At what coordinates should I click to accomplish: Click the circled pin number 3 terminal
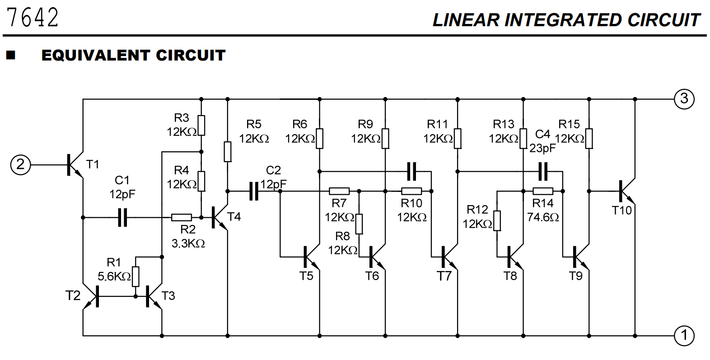click(x=684, y=98)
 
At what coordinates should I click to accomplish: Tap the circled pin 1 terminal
click(x=684, y=336)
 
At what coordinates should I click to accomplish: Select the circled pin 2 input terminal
click(x=20, y=164)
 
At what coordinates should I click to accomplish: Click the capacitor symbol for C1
click(x=122, y=217)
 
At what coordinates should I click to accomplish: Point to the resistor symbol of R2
click(x=182, y=217)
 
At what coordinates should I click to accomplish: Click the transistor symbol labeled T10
click(x=626, y=191)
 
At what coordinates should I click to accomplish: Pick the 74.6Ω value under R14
click(x=543, y=217)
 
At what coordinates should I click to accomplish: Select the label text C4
click(x=542, y=134)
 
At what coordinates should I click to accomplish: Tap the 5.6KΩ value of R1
click(x=114, y=276)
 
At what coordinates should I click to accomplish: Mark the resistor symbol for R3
click(x=201, y=126)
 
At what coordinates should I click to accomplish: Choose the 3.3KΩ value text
click(x=188, y=243)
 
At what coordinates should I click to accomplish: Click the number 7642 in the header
click(x=33, y=18)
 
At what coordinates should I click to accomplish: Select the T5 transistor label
click(x=306, y=276)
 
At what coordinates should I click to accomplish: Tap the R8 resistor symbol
click(x=359, y=224)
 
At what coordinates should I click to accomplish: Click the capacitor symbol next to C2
click(x=254, y=191)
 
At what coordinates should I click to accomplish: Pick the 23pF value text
click(x=542, y=148)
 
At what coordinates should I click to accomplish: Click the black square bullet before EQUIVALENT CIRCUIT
click(x=10, y=56)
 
